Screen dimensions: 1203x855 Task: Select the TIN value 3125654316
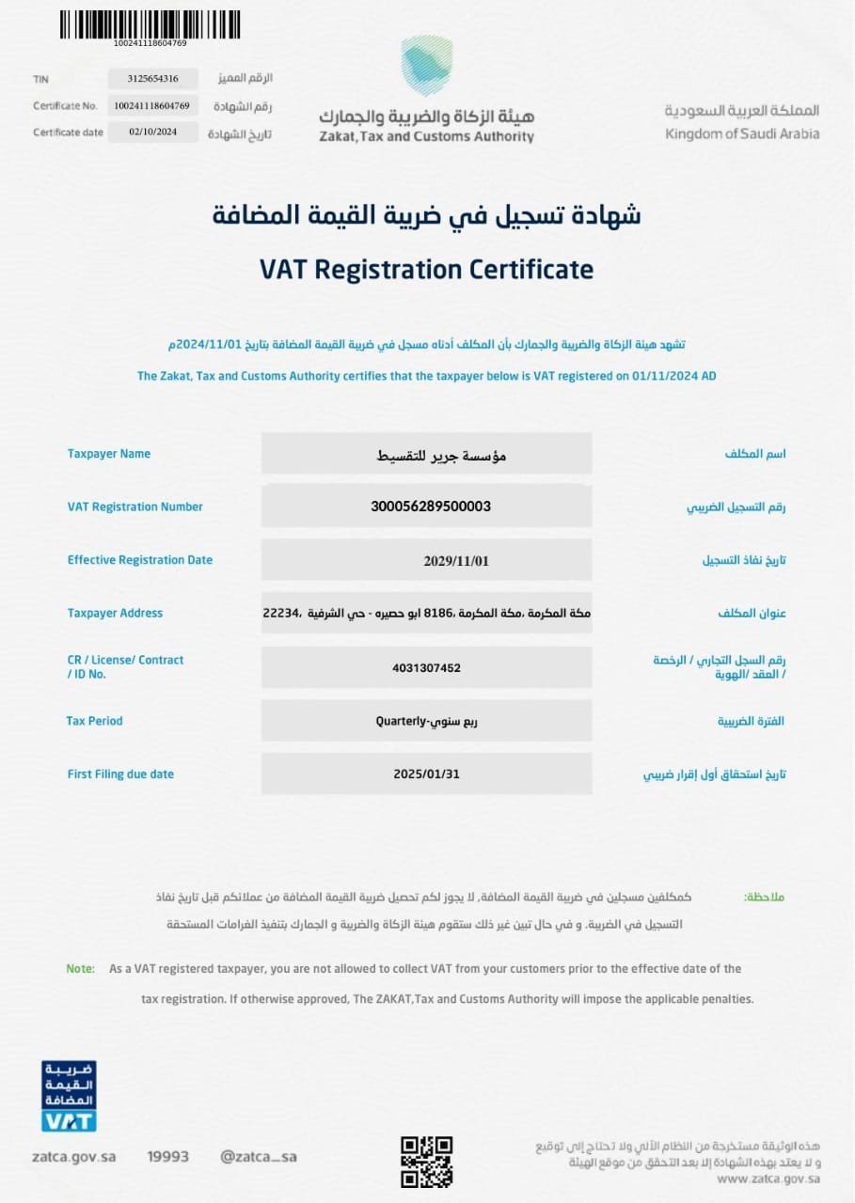(x=152, y=79)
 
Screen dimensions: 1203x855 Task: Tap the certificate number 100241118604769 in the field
(x=152, y=106)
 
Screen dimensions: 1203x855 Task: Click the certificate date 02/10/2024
(x=152, y=133)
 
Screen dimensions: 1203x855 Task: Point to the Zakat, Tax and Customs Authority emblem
(x=426, y=65)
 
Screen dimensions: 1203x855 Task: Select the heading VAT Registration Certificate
(x=426, y=270)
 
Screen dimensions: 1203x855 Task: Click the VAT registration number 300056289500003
(x=431, y=507)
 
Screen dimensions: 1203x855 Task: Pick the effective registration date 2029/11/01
(x=456, y=561)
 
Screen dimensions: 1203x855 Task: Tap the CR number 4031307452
(x=426, y=668)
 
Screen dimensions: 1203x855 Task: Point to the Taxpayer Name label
(x=108, y=454)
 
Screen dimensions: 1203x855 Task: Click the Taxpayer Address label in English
(x=115, y=614)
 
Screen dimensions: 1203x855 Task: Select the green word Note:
(x=80, y=969)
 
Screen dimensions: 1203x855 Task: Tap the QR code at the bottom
(x=426, y=1162)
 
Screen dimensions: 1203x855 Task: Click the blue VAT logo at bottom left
(x=69, y=1097)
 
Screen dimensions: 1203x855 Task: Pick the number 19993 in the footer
(x=168, y=1157)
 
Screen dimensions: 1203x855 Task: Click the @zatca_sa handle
(x=259, y=1157)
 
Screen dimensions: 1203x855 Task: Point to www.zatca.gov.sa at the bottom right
(x=768, y=1179)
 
